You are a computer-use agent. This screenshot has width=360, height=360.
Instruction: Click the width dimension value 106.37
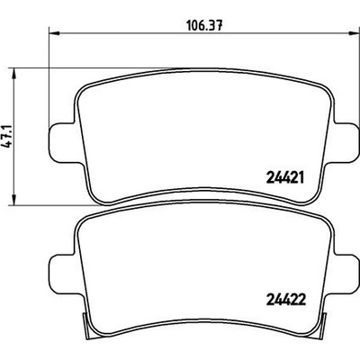pyautogui.click(x=204, y=25)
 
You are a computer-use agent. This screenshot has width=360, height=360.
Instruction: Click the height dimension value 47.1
pyautogui.click(x=7, y=137)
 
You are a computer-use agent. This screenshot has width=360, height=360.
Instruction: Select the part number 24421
pyautogui.click(x=285, y=178)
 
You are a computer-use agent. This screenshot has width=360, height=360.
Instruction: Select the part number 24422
pyautogui.click(x=285, y=300)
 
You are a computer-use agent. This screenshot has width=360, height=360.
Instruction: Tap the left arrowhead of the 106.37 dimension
pyautogui.click(x=54, y=32)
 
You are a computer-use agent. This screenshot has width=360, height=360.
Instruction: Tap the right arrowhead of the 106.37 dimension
pyautogui.click(x=353, y=32)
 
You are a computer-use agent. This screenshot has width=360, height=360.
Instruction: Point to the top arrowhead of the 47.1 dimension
pyautogui.click(x=13, y=74)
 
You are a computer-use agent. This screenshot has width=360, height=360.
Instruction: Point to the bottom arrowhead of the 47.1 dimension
pyautogui.click(x=13, y=200)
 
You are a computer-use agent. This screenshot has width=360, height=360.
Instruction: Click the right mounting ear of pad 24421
pyautogui.click(x=344, y=142)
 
